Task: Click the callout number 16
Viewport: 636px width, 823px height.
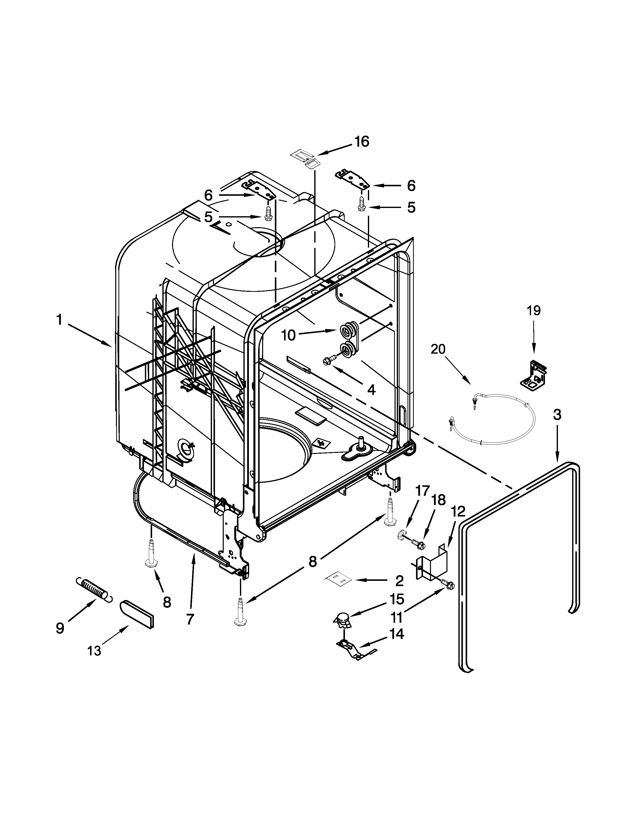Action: tap(361, 142)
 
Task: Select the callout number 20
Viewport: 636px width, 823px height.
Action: tap(438, 349)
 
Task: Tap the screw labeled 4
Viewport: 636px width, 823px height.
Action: tap(326, 361)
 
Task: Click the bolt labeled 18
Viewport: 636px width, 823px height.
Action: tap(418, 543)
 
